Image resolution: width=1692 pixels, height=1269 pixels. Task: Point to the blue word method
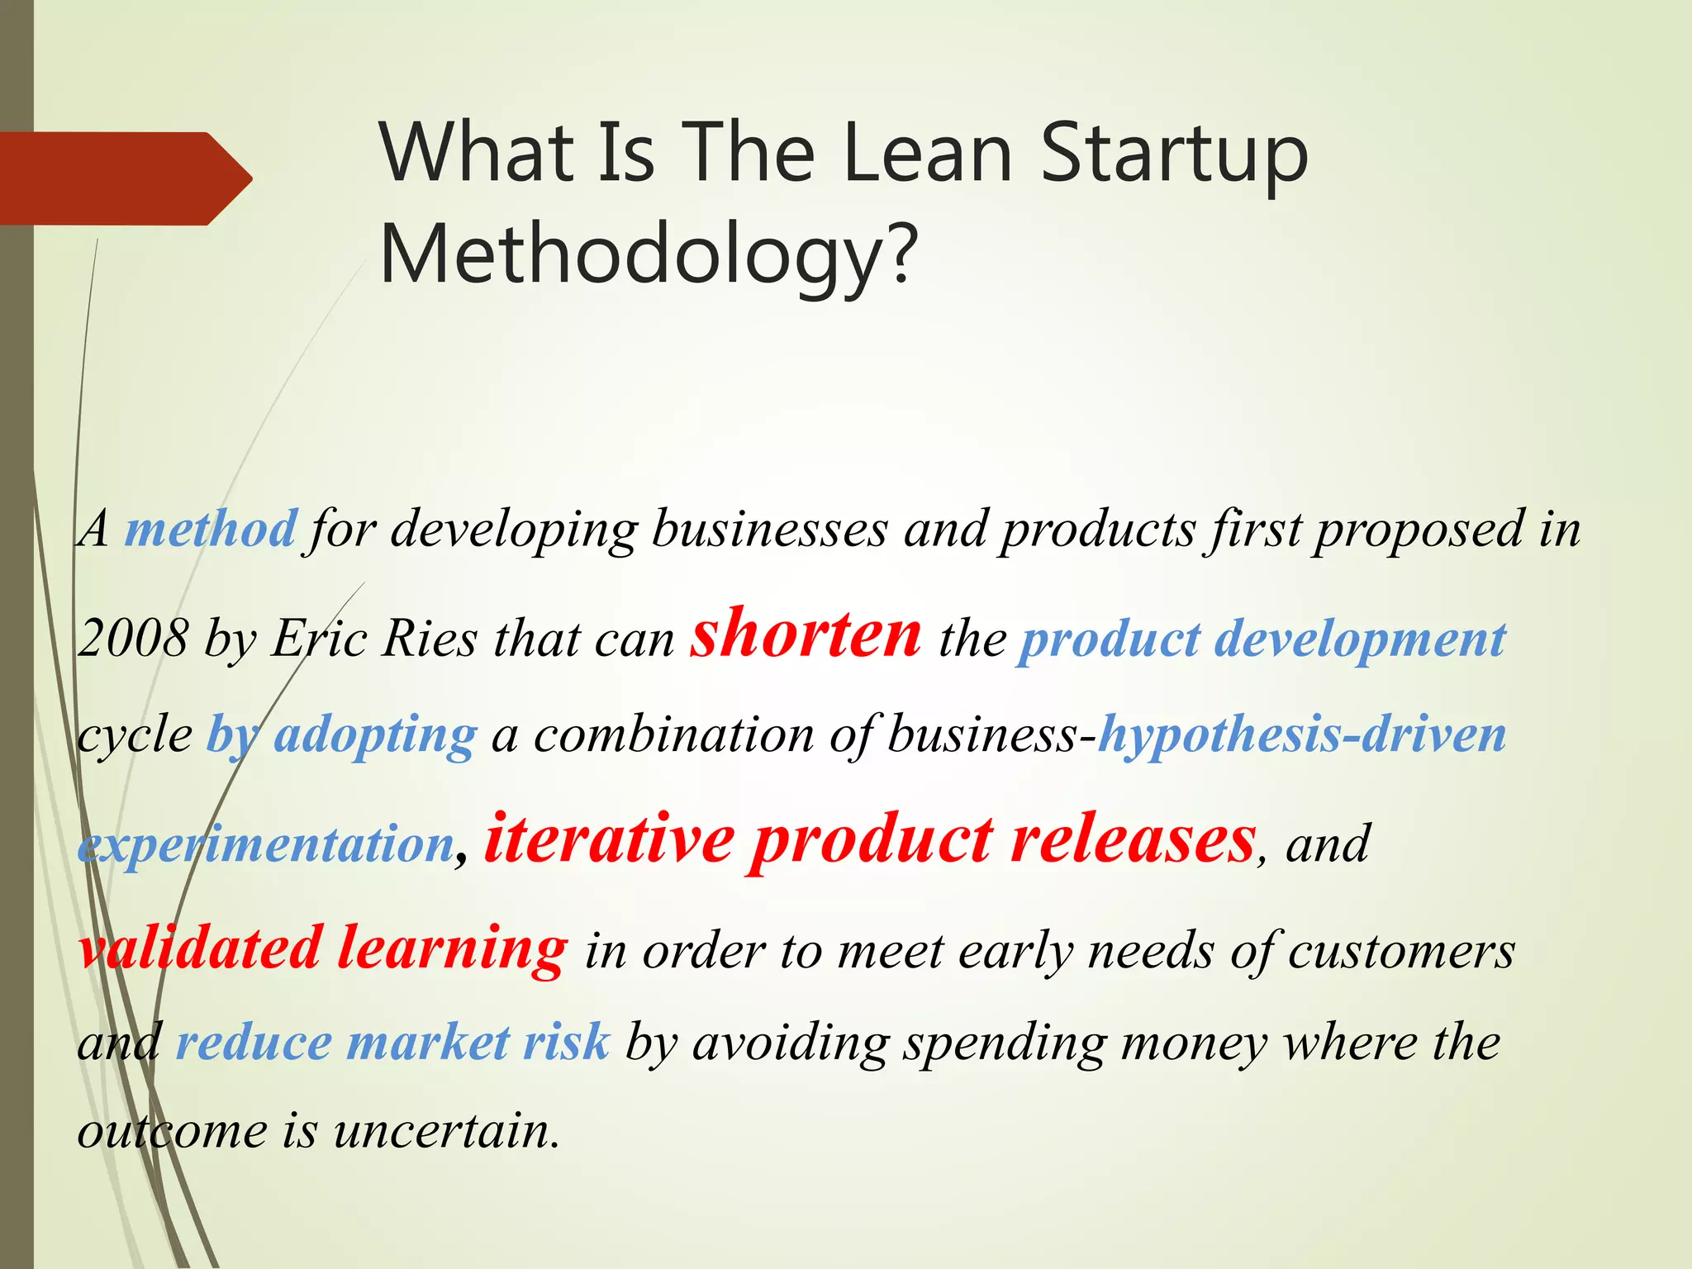(210, 529)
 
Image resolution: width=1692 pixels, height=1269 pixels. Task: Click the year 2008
(132, 639)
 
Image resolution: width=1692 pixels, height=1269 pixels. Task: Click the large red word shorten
(806, 634)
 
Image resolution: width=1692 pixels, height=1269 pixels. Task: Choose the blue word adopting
(375, 735)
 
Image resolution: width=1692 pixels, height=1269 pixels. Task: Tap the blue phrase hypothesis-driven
(1302, 735)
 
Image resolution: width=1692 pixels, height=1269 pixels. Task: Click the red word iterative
(609, 840)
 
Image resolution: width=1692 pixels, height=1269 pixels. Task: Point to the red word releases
(1133, 840)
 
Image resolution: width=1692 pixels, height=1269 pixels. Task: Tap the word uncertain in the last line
(447, 1131)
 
